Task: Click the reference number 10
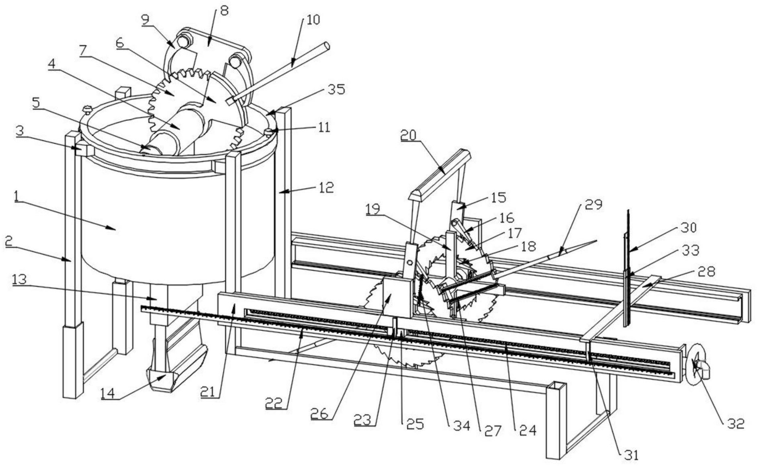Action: click(x=313, y=20)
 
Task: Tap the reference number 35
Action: click(x=336, y=89)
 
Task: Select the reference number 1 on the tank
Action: click(x=16, y=197)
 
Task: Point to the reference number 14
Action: click(x=107, y=393)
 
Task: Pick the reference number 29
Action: click(x=593, y=205)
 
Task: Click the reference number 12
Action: click(x=326, y=187)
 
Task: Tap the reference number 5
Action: click(x=36, y=103)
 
